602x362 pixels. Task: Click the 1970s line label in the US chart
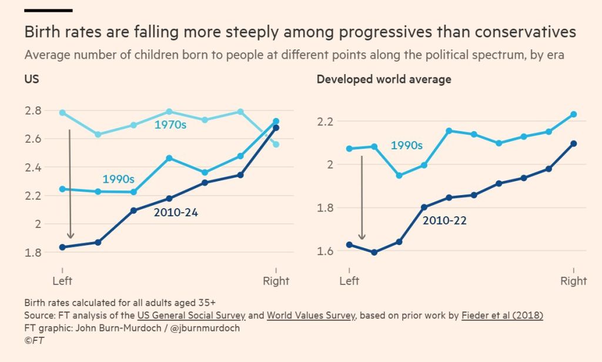tap(170, 125)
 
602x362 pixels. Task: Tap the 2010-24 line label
tap(176, 213)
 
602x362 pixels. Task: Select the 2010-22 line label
tap(444, 221)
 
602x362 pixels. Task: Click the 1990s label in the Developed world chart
tap(407, 146)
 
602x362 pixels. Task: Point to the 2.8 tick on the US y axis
tap(33, 110)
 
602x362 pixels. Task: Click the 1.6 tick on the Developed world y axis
tap(325, 251)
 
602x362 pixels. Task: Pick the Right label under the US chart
tap(276, 281)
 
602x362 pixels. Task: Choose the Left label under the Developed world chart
tap(349, 281)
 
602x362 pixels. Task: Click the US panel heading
tap(32, 79)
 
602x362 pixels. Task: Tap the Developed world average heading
tap(384, 79)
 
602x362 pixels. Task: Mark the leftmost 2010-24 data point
tap(62, 247)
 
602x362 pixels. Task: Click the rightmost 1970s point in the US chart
tap(276, 145)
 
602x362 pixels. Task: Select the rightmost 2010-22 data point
tap(574, 143)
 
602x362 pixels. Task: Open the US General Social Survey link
tap(191, 316)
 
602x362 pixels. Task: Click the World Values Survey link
tap(311, 316)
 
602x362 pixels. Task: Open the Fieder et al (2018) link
tap(502, 316)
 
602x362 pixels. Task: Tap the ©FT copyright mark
tap(34, 340)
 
